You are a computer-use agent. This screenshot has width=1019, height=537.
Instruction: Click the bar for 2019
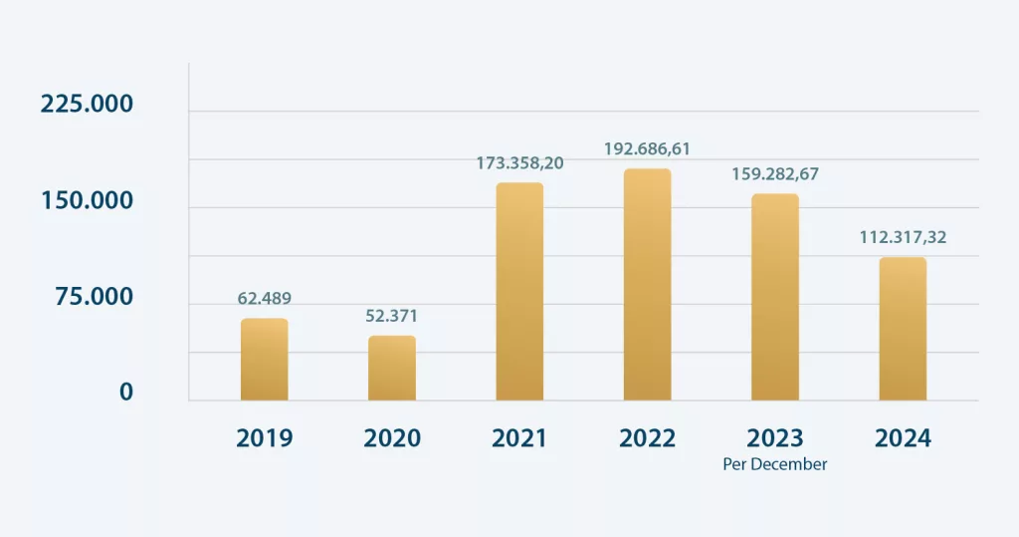264,360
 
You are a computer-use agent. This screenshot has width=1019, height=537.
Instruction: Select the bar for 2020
392,369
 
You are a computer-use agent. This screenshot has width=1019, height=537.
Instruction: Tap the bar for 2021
519,292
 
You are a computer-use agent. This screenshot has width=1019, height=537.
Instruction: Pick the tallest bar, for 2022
647,285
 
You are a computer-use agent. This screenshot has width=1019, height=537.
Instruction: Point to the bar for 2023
775,297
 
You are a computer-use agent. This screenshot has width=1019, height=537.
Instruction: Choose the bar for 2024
903,329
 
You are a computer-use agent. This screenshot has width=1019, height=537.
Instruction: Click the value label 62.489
264,298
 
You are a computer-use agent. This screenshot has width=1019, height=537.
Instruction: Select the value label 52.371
391,316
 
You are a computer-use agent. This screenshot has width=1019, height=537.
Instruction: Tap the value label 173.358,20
519,162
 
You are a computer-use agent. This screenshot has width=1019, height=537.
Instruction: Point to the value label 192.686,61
647,148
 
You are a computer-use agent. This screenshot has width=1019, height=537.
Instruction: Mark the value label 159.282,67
775,173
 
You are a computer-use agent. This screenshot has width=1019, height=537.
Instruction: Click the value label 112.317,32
903,237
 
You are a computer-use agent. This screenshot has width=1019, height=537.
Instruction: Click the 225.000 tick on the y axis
87,105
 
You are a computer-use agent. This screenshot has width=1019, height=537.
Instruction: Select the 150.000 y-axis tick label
87,201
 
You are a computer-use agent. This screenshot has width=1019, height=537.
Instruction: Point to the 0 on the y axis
126,393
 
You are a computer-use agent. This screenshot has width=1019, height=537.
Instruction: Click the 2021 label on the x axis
519,438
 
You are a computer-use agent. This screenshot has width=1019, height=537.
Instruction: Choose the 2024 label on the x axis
903,438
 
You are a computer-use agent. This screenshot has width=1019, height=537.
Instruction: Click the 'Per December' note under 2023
775,464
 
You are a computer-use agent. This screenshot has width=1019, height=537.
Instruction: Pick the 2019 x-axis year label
264,438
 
